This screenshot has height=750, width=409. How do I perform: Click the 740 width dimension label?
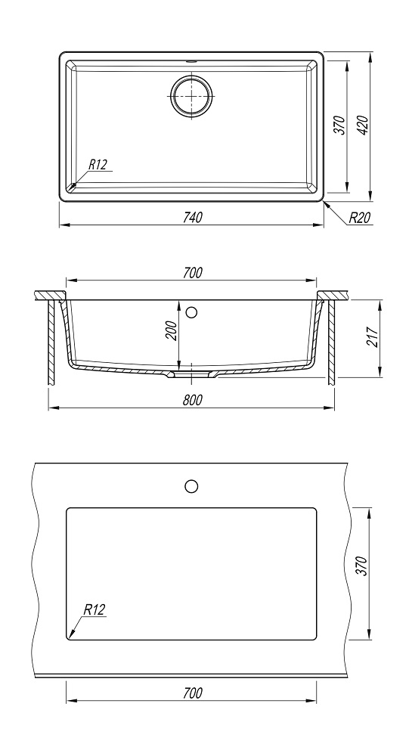click(192, 217)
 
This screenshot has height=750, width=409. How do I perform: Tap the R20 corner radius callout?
click(360, 218)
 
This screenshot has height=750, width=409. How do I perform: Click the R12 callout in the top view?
click(98, 165)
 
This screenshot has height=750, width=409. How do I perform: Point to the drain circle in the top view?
click(191, 95)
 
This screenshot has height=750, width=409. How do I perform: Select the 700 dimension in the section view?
click(192, 273)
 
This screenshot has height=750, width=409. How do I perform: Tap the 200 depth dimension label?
click(172, 330)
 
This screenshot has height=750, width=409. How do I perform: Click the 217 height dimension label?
click(373, 337)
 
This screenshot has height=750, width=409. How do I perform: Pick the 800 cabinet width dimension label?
click(192, 400)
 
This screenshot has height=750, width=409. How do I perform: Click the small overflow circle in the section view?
click(191, 313)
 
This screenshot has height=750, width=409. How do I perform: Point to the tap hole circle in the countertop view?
click(191, 486)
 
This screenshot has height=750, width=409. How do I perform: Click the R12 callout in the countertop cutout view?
click(94, 610)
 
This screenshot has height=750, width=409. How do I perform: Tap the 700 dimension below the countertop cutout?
click(192, 692)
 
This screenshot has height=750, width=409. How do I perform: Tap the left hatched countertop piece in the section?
click(50, 295)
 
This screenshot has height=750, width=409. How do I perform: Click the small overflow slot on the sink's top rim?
click(191, 61)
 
